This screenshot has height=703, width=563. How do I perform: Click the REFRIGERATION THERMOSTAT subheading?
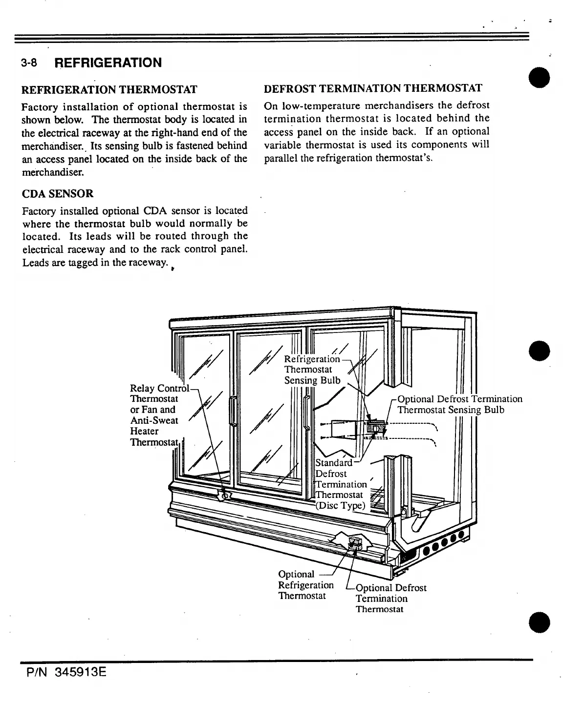click(x=109, y=89)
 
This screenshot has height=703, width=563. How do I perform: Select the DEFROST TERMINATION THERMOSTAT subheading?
click(x=372, y=88)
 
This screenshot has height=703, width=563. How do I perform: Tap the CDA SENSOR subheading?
click(x=58, y=194)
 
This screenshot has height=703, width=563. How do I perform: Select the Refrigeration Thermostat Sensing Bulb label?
click(x=313, y=370)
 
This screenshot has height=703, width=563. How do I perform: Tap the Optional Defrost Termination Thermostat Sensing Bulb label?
click(x=459, y=405)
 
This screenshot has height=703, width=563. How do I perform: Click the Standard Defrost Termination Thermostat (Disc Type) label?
click(x=341, y=484)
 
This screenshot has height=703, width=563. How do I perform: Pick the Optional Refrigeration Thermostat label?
click(x=305, y=585)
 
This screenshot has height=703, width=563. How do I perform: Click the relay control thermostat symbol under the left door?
click(x=226, y=496)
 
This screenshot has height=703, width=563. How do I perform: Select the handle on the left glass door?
click(x=234, y=413)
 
